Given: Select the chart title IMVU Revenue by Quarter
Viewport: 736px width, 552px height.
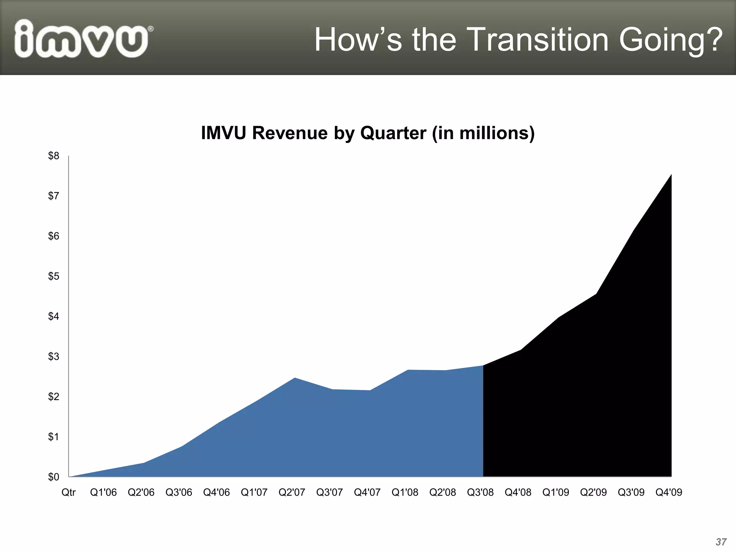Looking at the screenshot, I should coord(368,133).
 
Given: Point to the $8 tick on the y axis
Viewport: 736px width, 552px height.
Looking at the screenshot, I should coord(54,156).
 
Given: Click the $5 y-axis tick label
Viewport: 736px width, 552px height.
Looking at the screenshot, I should coord(54,276).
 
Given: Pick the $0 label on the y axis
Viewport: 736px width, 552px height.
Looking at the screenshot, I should coord(54,477).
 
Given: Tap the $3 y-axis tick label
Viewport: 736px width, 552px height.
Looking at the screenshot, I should coord(54,356).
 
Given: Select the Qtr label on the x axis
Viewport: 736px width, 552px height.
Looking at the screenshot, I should coord(68,492).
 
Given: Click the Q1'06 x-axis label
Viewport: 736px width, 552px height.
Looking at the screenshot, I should coord(103,492).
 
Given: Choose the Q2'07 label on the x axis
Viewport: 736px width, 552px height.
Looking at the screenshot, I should coord(292,492).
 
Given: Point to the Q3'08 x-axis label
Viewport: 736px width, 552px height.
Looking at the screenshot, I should coord(480,492).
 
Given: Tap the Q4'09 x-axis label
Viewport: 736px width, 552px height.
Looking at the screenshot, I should coord(668,492).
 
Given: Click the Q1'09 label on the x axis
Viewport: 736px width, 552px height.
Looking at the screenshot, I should coord(556,492).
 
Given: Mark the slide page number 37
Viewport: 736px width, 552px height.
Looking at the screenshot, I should coord(721,542).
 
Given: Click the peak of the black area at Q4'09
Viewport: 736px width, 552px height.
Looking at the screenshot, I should coord(671,175).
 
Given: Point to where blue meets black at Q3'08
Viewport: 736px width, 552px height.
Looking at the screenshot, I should coord(483,366).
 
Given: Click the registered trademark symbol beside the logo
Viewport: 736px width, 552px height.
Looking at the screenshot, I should coord(151,29).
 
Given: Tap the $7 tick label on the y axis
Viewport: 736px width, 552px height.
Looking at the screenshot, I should coord(54,196).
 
